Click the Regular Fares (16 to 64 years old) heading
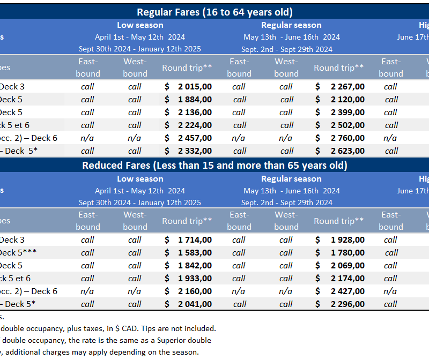coord(214,12)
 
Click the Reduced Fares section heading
coord(214,166)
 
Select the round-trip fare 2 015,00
coord(195,86)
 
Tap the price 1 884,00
coord(195,99)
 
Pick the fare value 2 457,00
coord(195,138)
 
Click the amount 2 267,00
coord(347,86)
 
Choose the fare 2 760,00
coord(347,138)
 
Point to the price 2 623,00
coord(347,151)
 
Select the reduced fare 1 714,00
coord(195,240)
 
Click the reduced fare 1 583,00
coord(195,253)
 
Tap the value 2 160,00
coord(195,291)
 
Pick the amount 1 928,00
coord(347,240)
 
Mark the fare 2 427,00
coord(347,291)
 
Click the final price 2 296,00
coord(347,304)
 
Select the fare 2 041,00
coord(195,304)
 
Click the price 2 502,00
coord(347,125)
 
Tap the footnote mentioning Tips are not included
coord(107,328)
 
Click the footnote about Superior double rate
coord(107,340)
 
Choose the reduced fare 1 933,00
coord(195,279)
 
